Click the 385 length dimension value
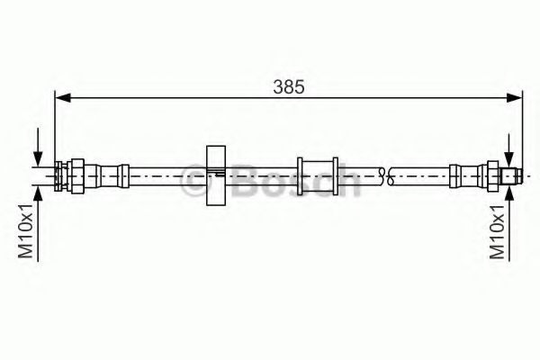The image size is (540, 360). (289, 86)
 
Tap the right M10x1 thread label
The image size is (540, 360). (496, 232)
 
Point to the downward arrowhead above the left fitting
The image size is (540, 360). (38, 157)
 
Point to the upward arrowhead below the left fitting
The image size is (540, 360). (38, 192)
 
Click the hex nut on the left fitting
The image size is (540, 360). (77, 174)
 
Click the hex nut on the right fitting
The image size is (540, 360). (492, 174)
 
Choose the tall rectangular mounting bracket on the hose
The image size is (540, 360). (215, 175)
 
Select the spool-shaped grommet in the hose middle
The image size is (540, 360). (317, 175)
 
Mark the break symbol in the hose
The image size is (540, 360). (384, 175)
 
